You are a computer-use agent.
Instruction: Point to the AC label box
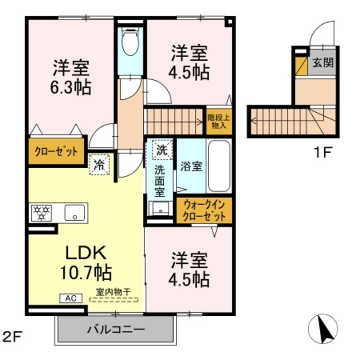(71, 297)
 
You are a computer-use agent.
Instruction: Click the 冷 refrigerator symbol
(98, 165)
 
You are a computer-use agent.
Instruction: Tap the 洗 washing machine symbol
(161, 151)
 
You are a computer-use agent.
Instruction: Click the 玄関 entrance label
(323, 63)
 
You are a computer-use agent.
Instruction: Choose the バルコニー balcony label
(115, 328)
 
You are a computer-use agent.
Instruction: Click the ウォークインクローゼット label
(203, 211)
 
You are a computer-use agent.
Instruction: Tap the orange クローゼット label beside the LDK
(56, 152)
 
